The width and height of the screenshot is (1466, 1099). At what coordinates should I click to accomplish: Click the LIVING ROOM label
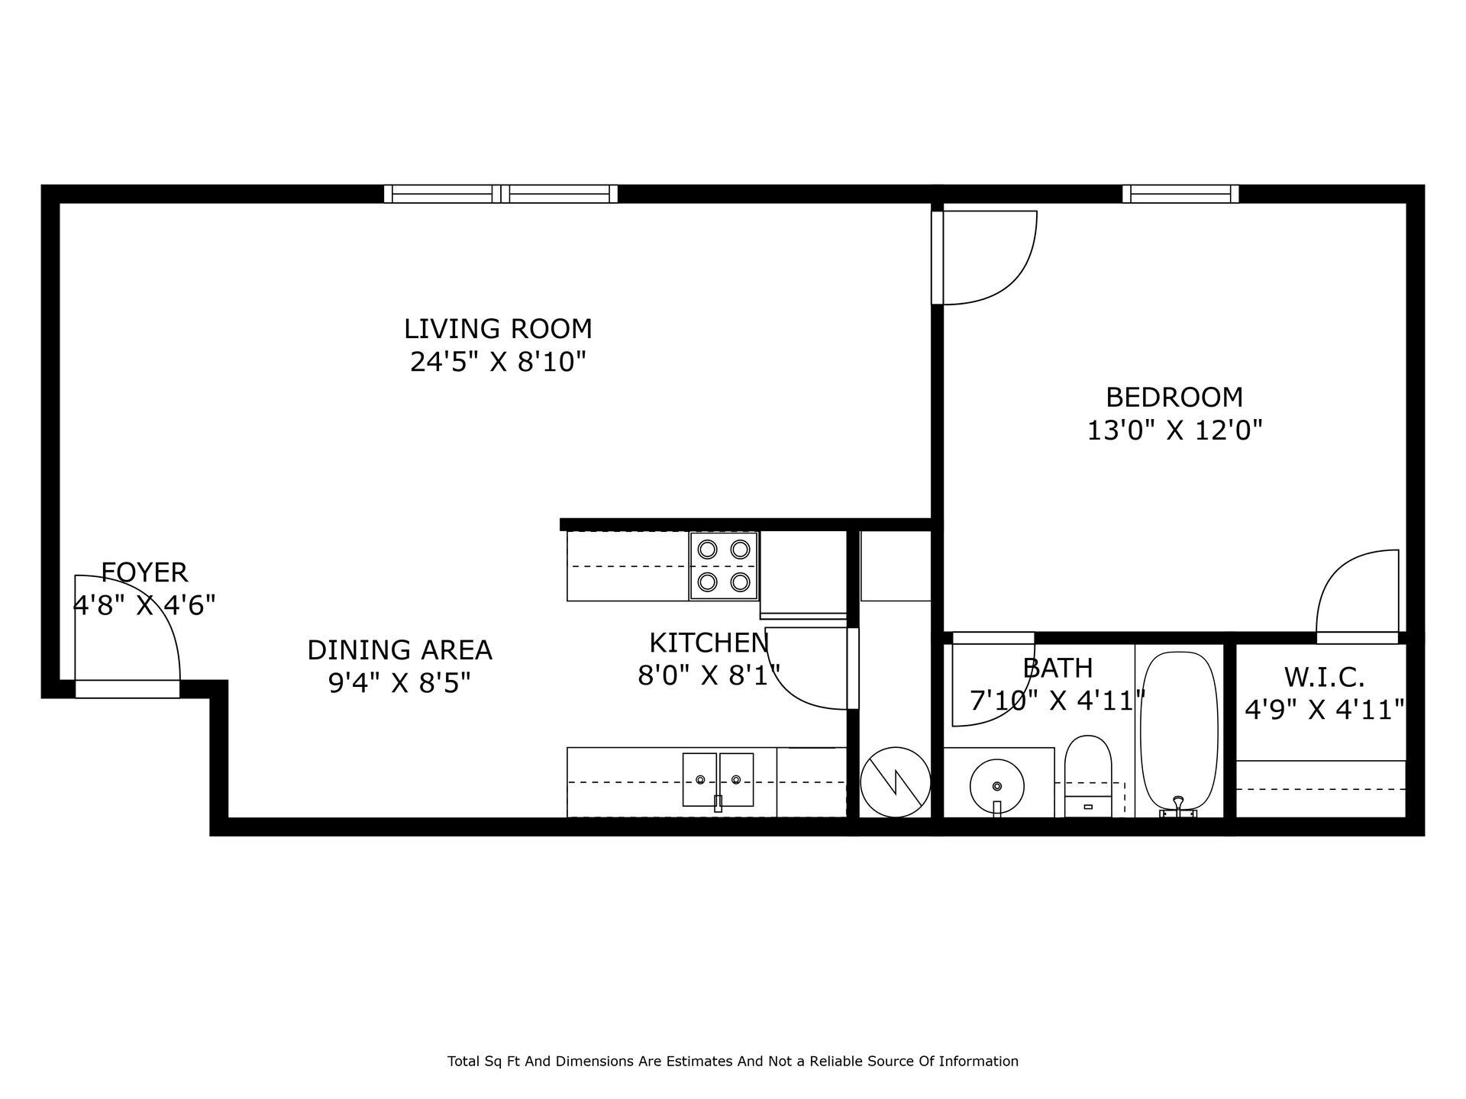click(x=498, y=329)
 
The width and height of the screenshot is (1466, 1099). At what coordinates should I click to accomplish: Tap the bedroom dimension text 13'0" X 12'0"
click(x=1174, y=430)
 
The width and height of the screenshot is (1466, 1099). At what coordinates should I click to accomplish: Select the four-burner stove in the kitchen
click(x=724, y=566)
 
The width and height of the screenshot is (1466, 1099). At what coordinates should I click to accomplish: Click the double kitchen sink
click(x=718, y=779)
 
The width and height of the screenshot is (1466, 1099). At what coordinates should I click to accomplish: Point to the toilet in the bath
click(x=1088, y=775)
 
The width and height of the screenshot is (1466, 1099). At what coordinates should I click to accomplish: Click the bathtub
click(x=1179, y=731)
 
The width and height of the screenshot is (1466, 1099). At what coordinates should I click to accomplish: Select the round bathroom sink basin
click(x=996, y=786)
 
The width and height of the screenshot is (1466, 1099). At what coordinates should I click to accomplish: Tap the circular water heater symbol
click(x=895, y=782)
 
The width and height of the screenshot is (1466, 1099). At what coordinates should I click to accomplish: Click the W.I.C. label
click(x=1324, y=677)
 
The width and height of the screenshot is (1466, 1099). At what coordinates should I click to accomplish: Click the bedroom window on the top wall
click(x=1180, y=194)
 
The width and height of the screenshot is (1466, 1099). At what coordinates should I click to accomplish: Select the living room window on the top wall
click(x=500, y=194)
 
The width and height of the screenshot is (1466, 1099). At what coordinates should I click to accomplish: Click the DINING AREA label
click(x=399, y=650)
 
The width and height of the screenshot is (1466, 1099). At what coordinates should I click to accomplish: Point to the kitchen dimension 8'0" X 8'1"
click(x=709, y=675)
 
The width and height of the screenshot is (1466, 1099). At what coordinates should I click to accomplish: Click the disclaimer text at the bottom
click(x=732, y=1061)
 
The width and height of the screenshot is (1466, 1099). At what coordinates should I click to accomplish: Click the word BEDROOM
click(x=1174, y=398)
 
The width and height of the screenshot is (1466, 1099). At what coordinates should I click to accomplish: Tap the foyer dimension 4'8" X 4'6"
click(x=144, y=605)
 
